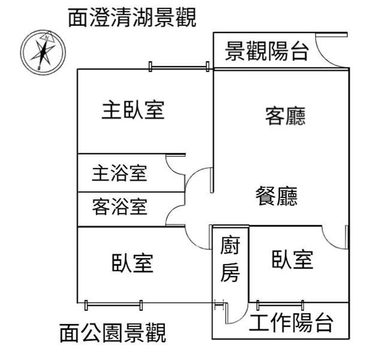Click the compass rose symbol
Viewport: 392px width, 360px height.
coord(44,50)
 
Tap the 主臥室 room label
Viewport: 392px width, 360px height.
coord(133,110)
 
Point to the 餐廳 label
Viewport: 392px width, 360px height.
coord(276,196)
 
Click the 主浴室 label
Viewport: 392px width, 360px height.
coord(120,173)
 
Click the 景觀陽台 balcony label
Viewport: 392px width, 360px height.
coord(267,51)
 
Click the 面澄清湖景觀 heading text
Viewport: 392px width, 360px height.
coord(132,18)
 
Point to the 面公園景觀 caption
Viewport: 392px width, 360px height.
coord(113,333)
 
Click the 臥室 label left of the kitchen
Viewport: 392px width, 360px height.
coord(132,262)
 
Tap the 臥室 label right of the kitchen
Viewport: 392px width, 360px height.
coord(293,259)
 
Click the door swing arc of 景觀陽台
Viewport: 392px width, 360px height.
coord(329,51)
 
